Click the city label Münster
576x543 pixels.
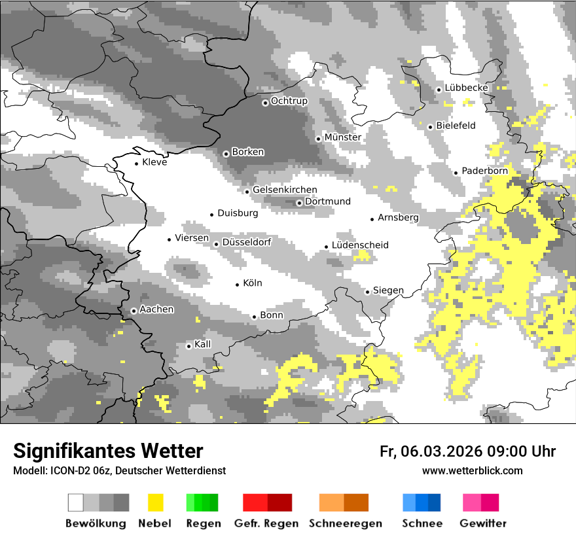343,137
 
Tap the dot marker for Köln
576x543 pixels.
238,284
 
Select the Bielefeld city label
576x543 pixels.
456,126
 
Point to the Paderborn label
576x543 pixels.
484,171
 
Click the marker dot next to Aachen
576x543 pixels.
134,311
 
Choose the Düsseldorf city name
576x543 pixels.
246,242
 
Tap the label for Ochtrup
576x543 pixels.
289,101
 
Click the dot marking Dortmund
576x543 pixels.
299,203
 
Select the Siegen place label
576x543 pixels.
388,290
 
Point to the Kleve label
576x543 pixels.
154,162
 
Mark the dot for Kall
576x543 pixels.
189,346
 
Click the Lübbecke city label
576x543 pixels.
466,88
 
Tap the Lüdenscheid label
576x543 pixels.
360,245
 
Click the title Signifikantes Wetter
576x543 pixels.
108,451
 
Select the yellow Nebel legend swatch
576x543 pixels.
155,502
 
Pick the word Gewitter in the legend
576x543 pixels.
482,523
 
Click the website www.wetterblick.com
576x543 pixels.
472,471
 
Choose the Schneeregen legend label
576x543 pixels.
345,523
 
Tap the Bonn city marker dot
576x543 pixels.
255,317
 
